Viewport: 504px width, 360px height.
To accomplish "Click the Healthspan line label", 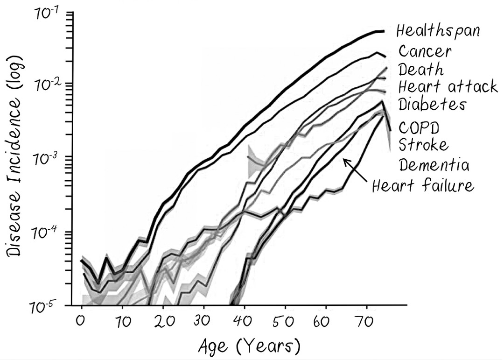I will pyautogui.click(x=438, y=31).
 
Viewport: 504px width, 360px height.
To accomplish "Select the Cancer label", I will pyautogui.click(x=425, y=51).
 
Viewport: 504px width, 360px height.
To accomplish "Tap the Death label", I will pyautogui.click(x=420, y=70).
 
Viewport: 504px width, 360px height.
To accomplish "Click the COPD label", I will pyautogui.click(x=419, y=127).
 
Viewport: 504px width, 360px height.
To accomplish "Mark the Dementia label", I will pyautogui.click(x=434, y=164).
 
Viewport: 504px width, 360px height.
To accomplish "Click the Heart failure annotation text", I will pyautogui.click(x=423, y=186).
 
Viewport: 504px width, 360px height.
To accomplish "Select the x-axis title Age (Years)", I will pyautogui.click(x=248, y=346).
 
